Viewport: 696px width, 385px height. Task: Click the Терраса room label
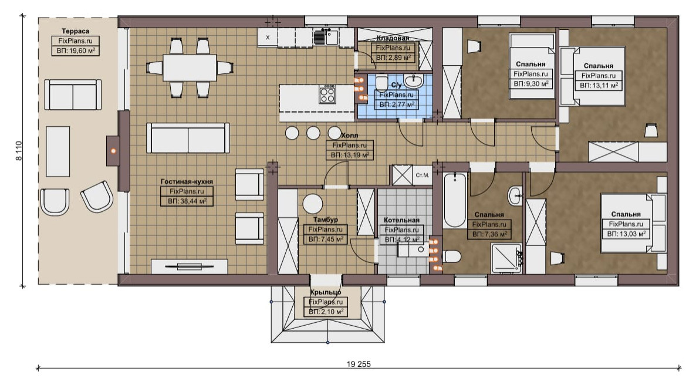[x=76, y=31]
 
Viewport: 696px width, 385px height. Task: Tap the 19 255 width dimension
[x=358, y=364]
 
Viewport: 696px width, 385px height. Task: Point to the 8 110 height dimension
[x=19, y=150]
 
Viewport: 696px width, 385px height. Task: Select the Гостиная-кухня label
[x=187, y=181]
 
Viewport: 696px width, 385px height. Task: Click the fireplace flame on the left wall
[x=113, y=151]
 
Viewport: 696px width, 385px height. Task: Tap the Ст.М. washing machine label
[x=423, y=175]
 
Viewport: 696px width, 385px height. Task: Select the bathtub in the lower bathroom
[x=455, y=200]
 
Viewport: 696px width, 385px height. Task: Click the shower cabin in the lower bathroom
[x=506, y=258]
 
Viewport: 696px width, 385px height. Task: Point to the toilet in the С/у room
[x=381, y=82]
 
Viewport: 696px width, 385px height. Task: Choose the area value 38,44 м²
[x=187, y=201]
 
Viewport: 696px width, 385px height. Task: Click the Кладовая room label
[x=393, y=38]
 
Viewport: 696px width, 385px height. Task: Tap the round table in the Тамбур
[x=313, y=204]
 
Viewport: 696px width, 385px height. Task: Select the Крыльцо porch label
[x=326, y=292]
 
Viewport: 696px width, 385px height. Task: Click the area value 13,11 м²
[x=599, y=86]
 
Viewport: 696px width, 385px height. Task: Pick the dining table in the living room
[x=190, y=67]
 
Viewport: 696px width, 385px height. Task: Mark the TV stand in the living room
[x=190, y=266]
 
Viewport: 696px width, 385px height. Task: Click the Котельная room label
[x=402, y=220]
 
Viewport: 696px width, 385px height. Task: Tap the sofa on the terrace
[x=73, y=94]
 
